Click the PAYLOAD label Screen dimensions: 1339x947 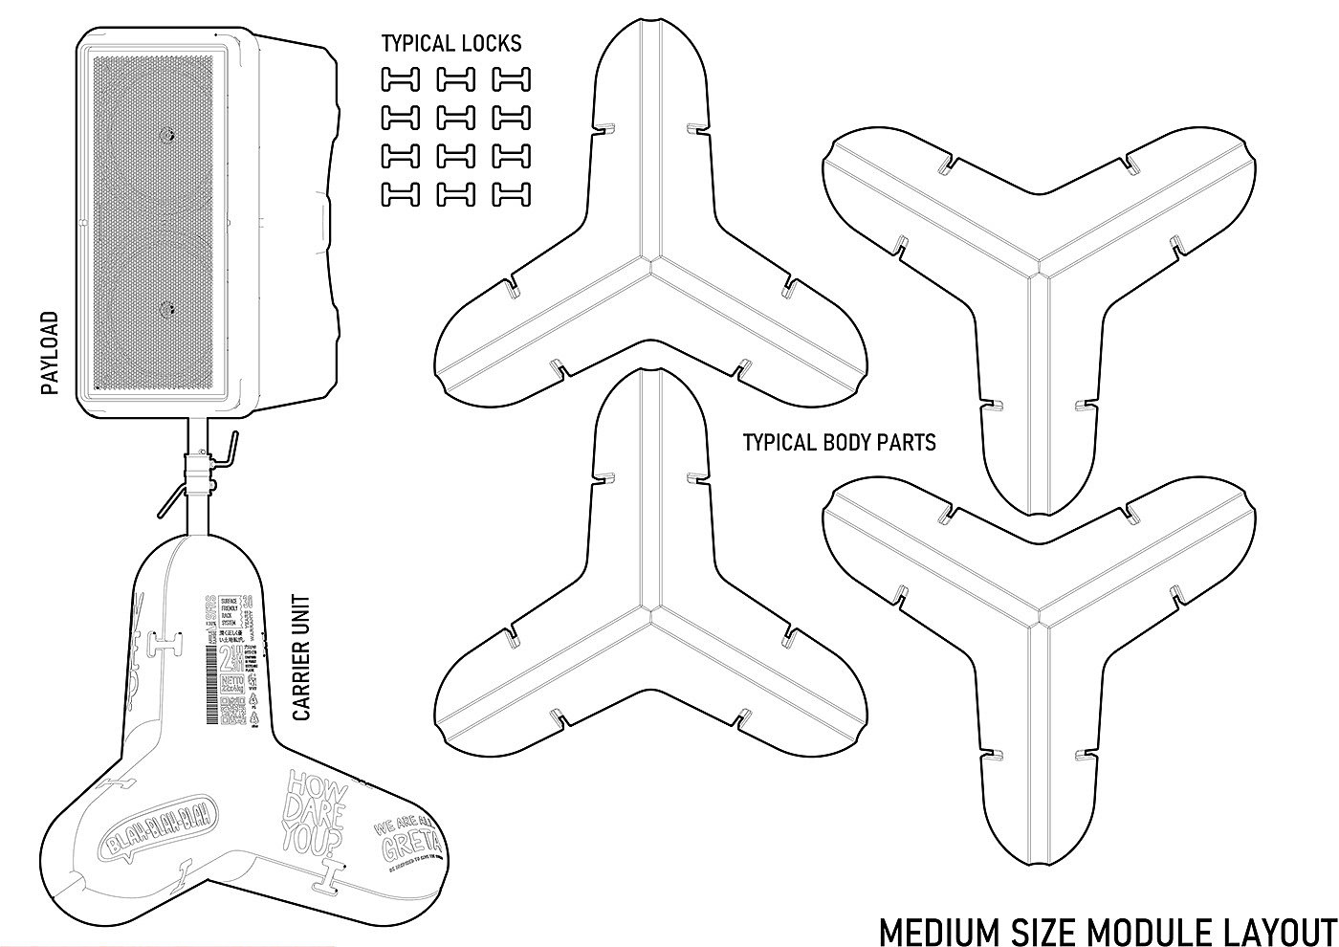[x=50, y=353]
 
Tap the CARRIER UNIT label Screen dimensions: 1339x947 [x=301, y=659]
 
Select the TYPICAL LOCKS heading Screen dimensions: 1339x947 [x=451, y=43]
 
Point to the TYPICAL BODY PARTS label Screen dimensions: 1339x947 [x=839, y=442]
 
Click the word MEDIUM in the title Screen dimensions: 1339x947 [x=933, y=930]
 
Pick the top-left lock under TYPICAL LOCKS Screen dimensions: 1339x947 [x=401, y=79]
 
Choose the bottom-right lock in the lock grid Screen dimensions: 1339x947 [x=512, y=194]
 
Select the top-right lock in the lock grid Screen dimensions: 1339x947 [x=512, y=79]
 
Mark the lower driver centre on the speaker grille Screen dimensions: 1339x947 [x=168, y=308]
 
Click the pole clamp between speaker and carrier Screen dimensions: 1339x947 [x=201, y=473]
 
